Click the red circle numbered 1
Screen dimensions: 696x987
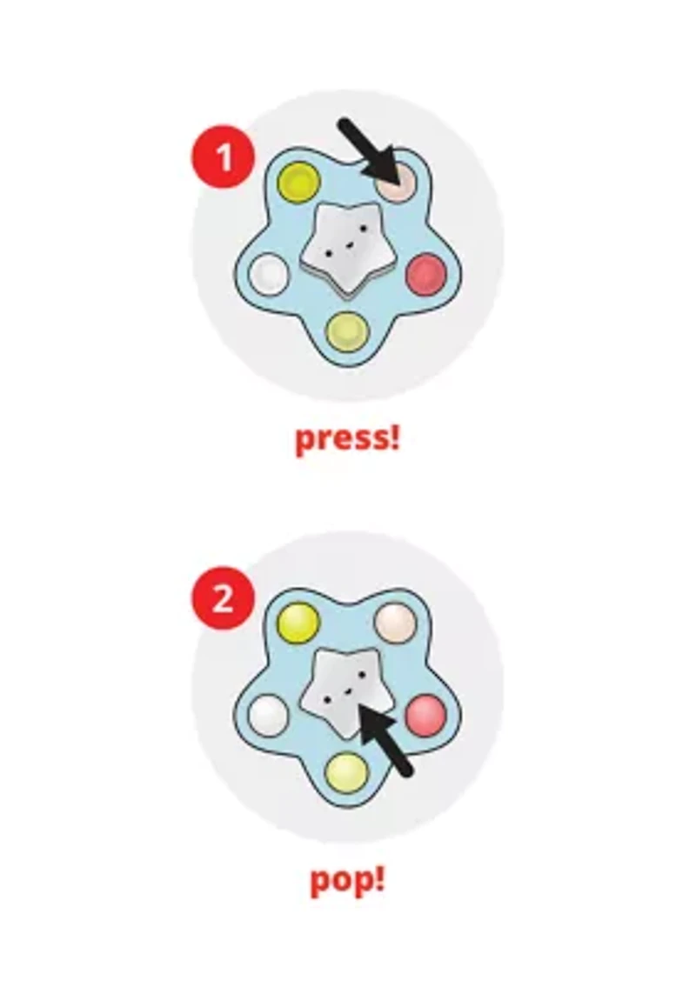[223, 157]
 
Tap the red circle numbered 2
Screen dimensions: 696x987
[223, 597]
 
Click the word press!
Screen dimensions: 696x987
[347, 438]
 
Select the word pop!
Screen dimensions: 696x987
[347, 878]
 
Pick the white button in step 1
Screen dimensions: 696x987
[269, 274]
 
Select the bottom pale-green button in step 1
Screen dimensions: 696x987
[347, 331]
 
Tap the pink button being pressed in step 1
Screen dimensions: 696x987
[395, 179]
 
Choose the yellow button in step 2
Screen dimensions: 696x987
[298, 621]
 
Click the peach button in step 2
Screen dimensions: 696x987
[395, 621]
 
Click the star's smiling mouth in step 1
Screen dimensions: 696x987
[344, 245]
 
